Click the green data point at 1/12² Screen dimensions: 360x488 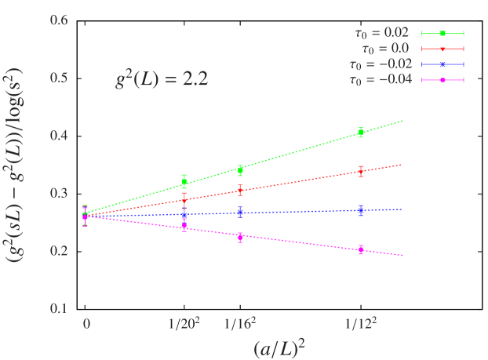(361, 133)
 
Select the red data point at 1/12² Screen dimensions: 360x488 (361, 171)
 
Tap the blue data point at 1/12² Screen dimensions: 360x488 (361, 210)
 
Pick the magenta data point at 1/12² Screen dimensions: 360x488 (361, 249)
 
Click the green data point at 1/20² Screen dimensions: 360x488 (184, 182)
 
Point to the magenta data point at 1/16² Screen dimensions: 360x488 (240, 236)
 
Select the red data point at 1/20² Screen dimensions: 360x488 (184, 201)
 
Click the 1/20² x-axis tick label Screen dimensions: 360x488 (184, 323)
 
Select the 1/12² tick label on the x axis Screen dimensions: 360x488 (361, 323)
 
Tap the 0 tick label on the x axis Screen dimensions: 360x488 (86, 323)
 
